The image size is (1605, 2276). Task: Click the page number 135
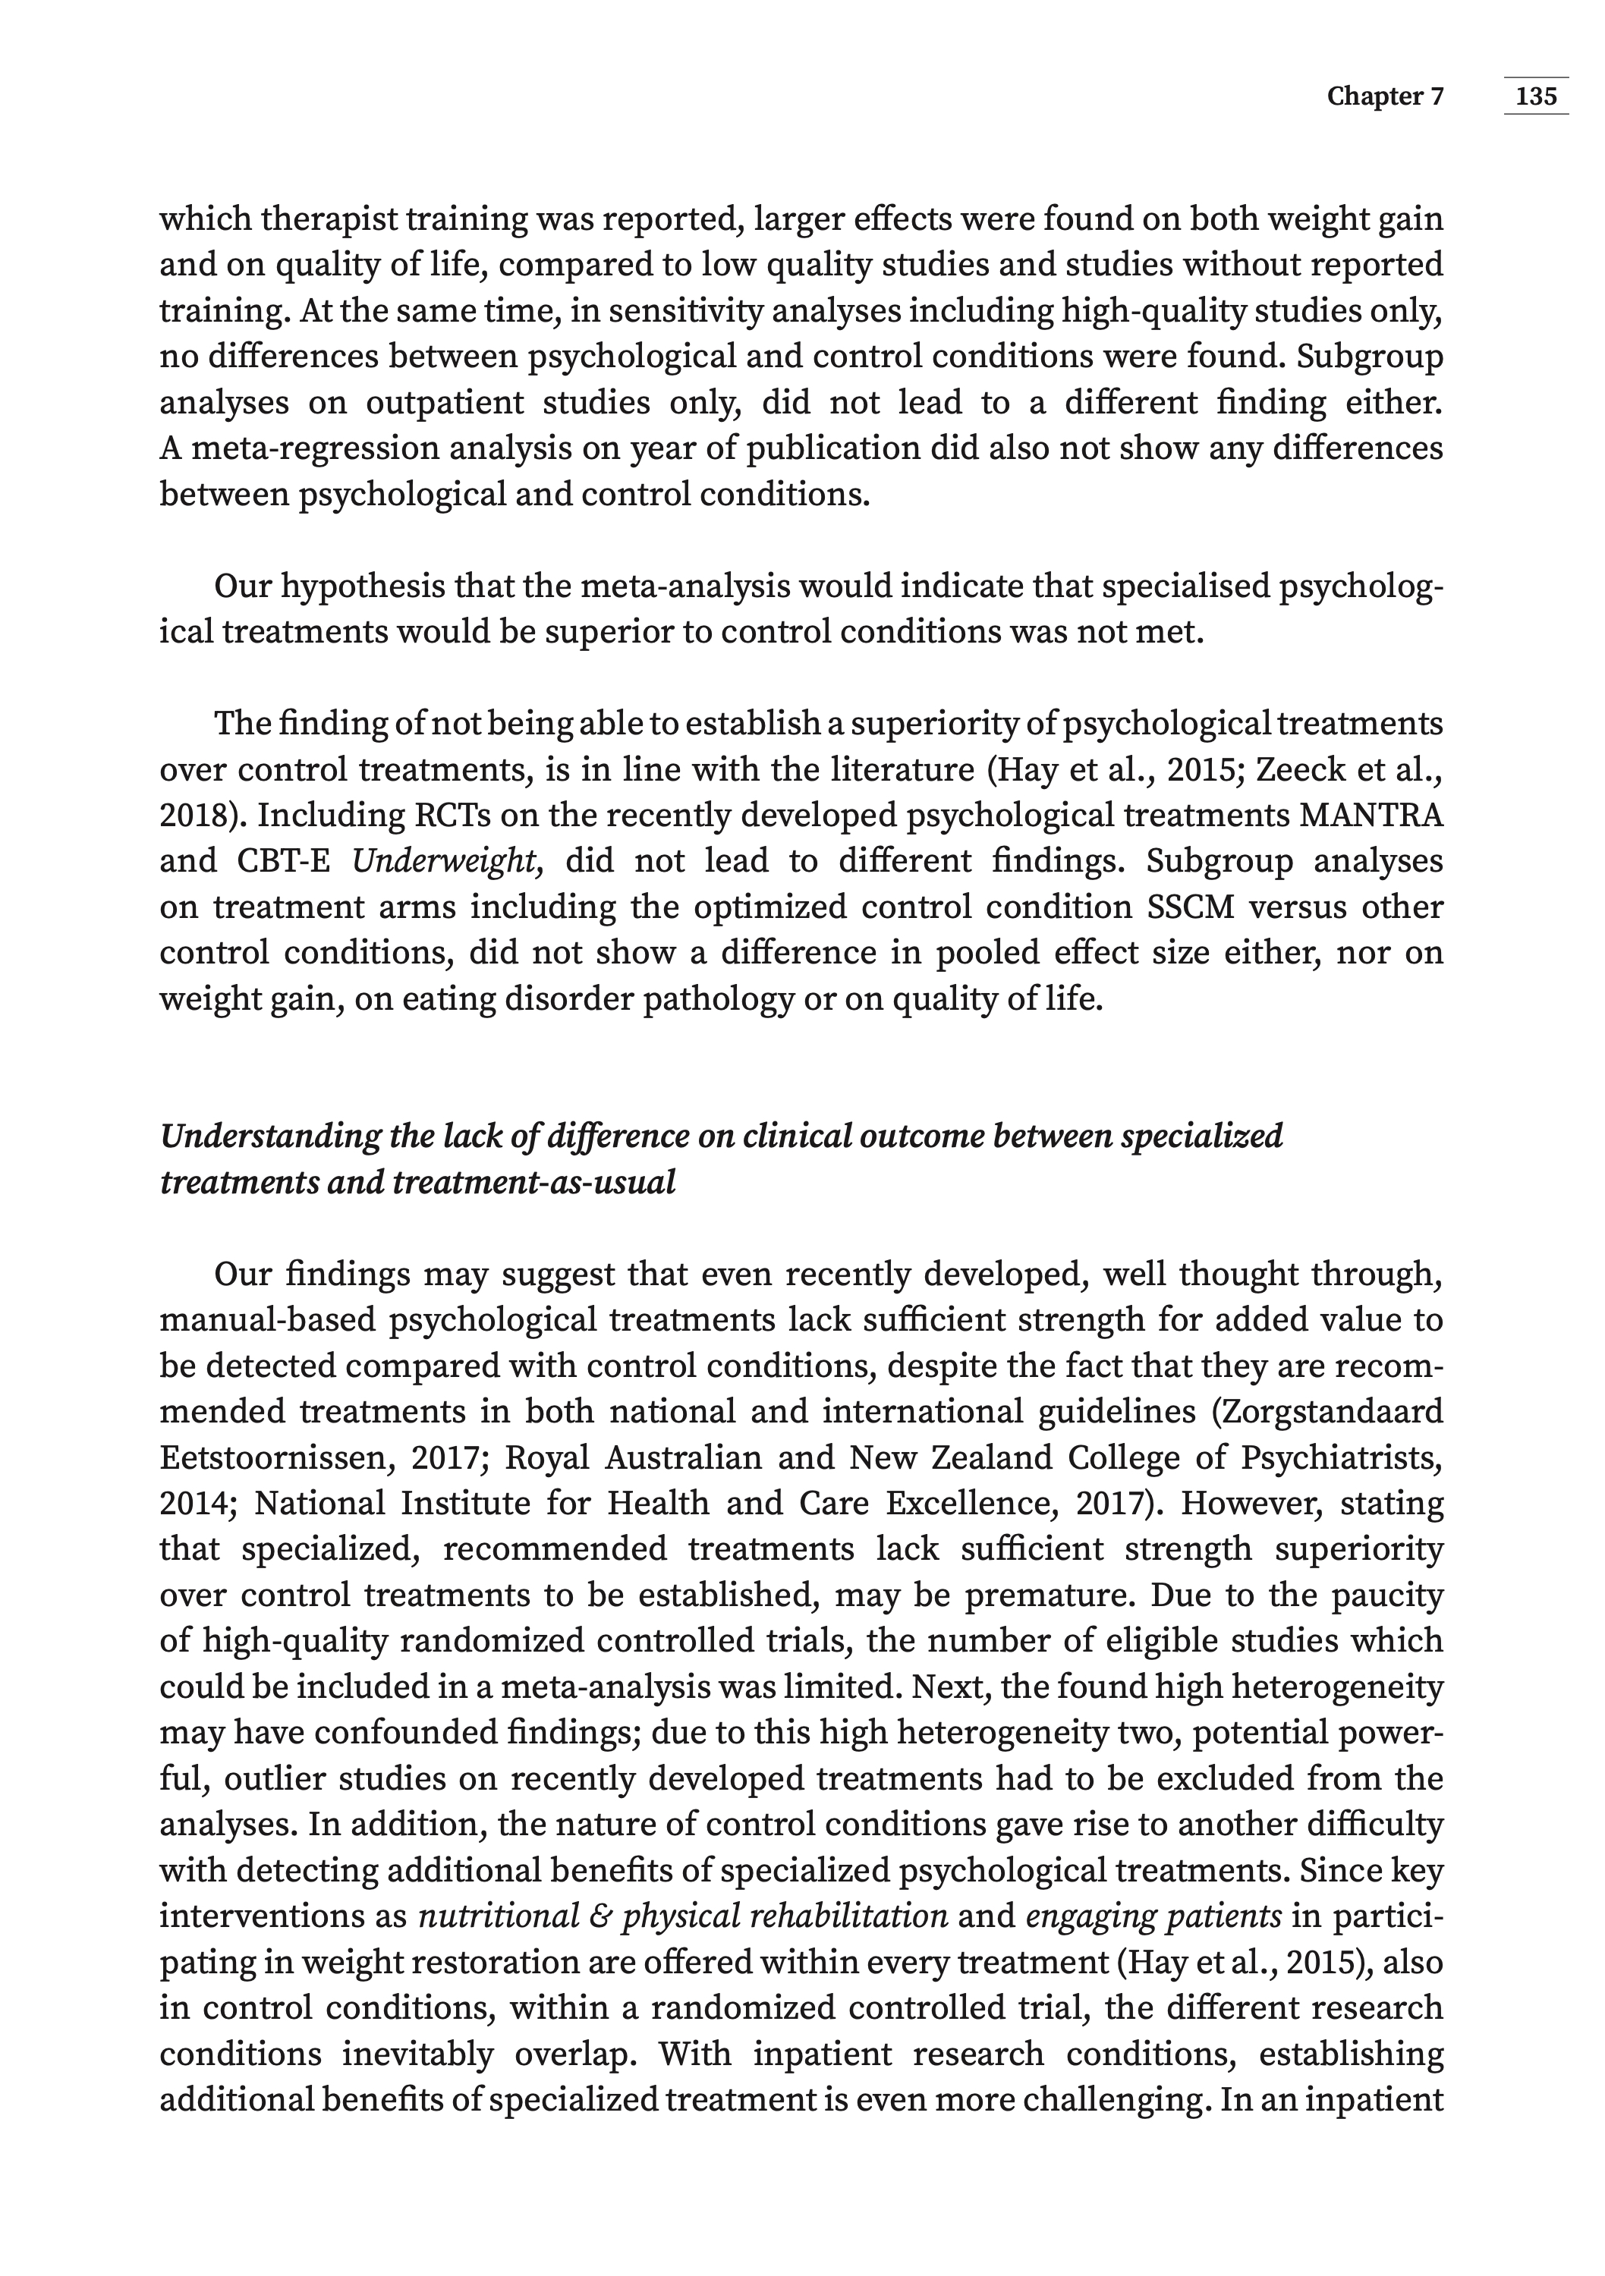[1536, 96]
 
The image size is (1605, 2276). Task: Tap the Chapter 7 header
[1385, 96]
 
